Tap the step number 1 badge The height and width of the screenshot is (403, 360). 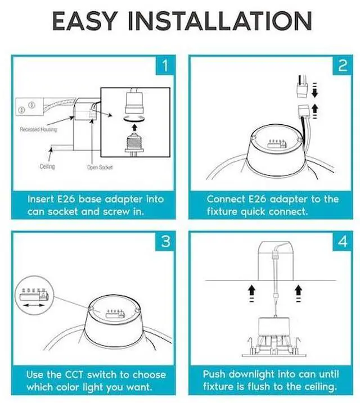pyautogui.click(x=165, y=66)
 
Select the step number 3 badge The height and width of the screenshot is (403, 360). pyautogui.click(x=165, y=241)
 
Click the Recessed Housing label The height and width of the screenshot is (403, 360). pyautogui.click(x=37, y=129)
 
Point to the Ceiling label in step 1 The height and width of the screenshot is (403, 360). pyautogui.click(x=47, y=167)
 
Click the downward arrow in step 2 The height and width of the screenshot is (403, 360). pyautogui.click(x=316, y=90)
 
